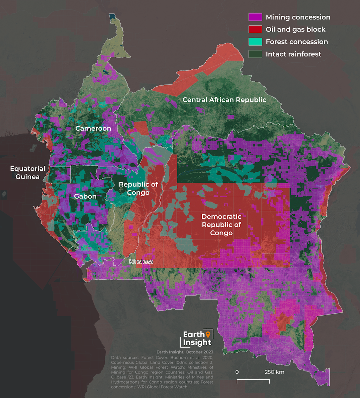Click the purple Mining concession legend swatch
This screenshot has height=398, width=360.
tap(255, 17)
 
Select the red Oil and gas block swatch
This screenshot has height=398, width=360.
tap(255, 29)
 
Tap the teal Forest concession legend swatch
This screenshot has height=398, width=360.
tap(255, 42)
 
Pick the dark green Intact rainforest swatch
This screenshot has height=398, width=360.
tap(255, 54)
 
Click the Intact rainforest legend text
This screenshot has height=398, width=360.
tap(293, 54)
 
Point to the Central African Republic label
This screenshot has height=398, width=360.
tap(224, 100)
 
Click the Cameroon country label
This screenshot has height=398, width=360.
tap(93, 128)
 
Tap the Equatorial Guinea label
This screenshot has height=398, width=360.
tap(27, 173)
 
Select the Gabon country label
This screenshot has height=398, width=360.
tap(85, 196)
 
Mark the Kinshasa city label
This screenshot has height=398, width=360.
tap(141, 261)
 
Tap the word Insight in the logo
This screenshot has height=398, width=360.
tap(198, 342)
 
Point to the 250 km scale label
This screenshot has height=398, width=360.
tap(275, 372)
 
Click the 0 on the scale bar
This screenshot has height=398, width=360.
tap(237, 372)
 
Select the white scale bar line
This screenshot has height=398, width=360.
tap(253, 380)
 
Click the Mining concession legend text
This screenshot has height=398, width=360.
tap(298, 17)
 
